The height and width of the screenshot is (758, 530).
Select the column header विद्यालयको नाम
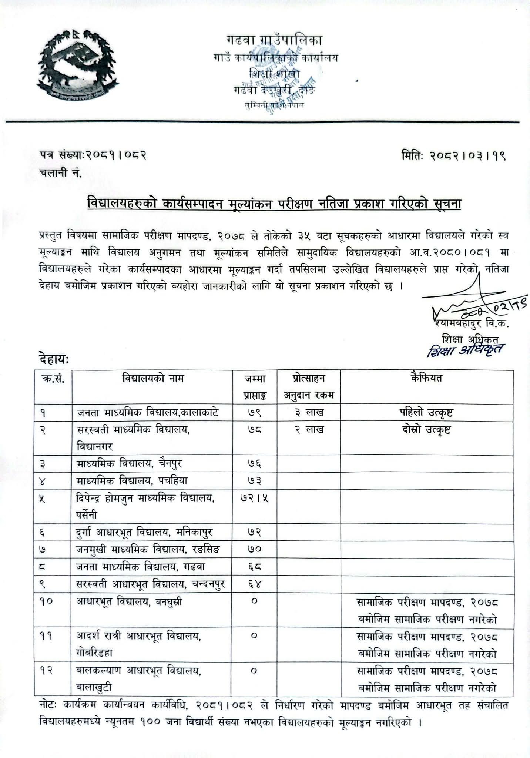pos(152,379)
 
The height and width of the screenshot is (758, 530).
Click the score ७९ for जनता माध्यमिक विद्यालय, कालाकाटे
pos(255,412)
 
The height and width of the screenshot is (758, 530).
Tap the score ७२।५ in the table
pos(255,498)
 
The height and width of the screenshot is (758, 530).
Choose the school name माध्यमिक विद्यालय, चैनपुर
pos(130,463)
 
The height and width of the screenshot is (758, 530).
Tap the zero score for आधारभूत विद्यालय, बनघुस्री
pos(254,602)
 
